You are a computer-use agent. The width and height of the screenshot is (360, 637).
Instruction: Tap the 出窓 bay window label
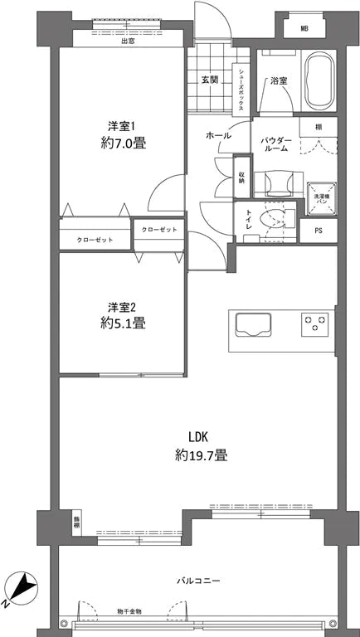(x=128, y=41)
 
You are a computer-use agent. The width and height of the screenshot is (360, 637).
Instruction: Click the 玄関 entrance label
(x=209, y=80)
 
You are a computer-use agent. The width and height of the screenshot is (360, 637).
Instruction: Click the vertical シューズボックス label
(x=241, y=90)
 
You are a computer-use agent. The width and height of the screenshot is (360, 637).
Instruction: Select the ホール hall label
(x=219, y=135)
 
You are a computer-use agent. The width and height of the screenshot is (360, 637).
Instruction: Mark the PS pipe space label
(x=318, y=231)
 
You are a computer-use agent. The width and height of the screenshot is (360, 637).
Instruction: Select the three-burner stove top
(x=316, y=323)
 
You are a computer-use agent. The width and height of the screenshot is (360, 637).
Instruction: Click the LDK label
(x=197, y=437)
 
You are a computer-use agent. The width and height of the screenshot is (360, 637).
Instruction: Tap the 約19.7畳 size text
(x=202, y=455)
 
